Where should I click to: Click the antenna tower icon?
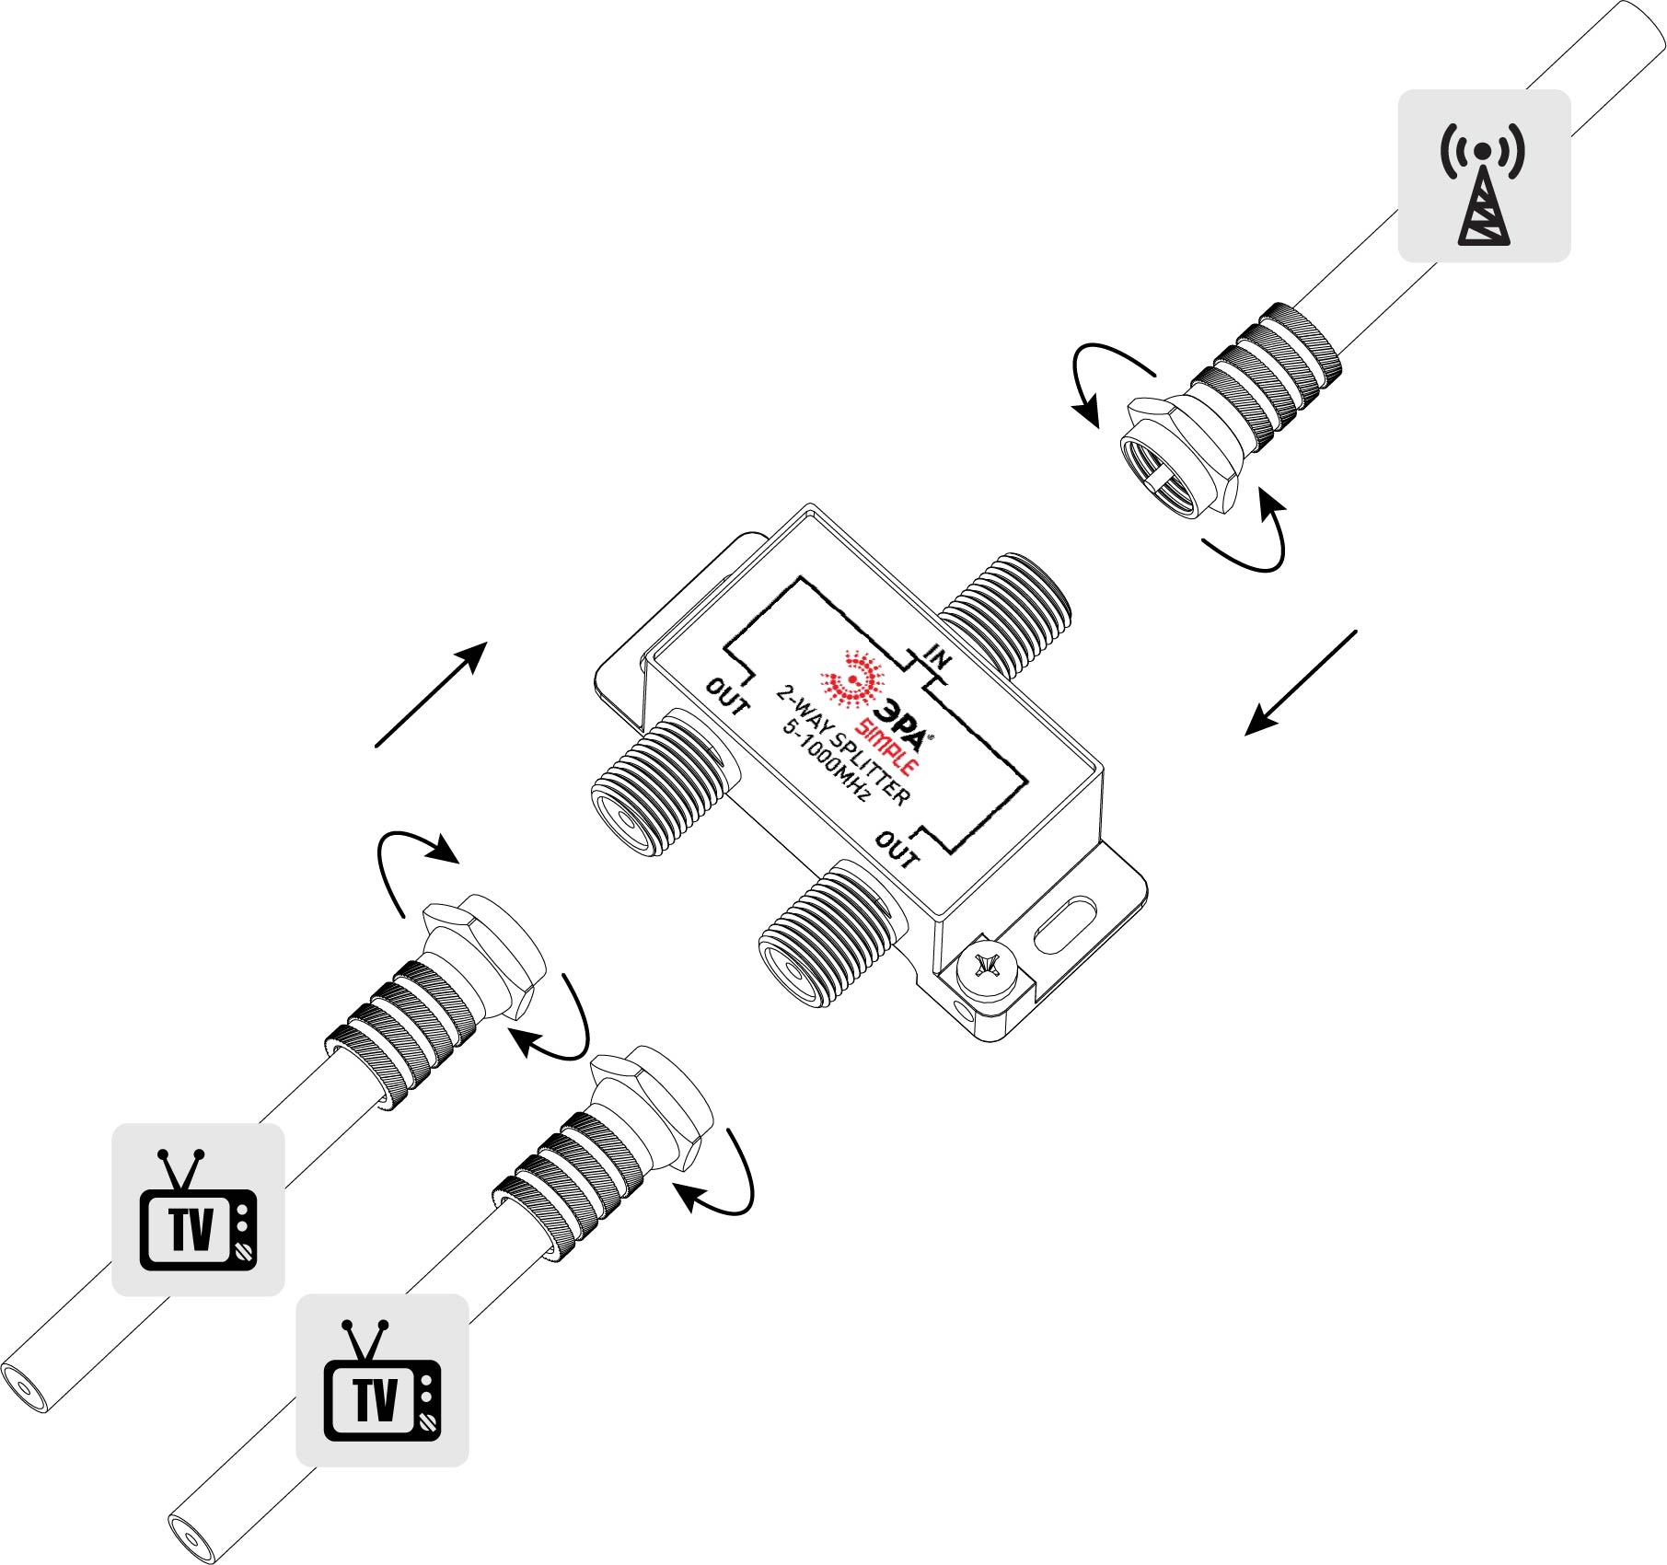pyautogui.click(x=1483, y=192)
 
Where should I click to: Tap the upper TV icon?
pyautogui.click(x=198, y=1209)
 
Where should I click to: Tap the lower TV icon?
pyautogui.click(x=382, y=1380)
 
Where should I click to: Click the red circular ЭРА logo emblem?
pyautogui.click(x=852, y=679)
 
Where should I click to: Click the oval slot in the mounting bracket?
pyautogui.click(x=1066, y=926)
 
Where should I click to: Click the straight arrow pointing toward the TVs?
pyautogui.click(x=431, y=694)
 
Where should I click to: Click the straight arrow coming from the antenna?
pyautogui.click(x=1301, y=682)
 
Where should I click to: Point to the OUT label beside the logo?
pyautogui.click(x=727, y=697)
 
